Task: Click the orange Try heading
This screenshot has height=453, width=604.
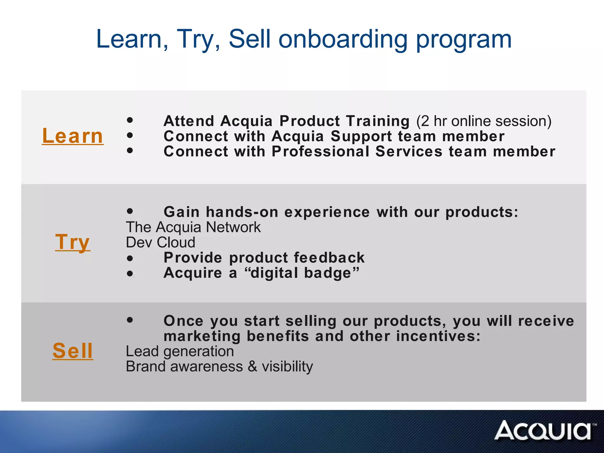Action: coord(73,242)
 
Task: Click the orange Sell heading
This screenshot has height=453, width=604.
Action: coord(73,351)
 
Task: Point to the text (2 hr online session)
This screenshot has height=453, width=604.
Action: coord(484,121)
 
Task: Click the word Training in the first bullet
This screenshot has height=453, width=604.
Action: coord(378,121)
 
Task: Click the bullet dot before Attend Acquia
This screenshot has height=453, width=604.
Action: coord(130,120)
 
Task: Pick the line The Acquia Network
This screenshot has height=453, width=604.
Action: coord(193,227)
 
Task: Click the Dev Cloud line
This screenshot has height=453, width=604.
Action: coord(160,242)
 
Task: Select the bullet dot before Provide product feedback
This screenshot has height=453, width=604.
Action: coord(130,259)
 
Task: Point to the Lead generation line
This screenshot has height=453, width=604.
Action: coord(180,351)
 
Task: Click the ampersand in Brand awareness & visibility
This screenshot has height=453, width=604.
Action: coord(252,367)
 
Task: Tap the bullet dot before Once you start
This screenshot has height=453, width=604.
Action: coord(130,320)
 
